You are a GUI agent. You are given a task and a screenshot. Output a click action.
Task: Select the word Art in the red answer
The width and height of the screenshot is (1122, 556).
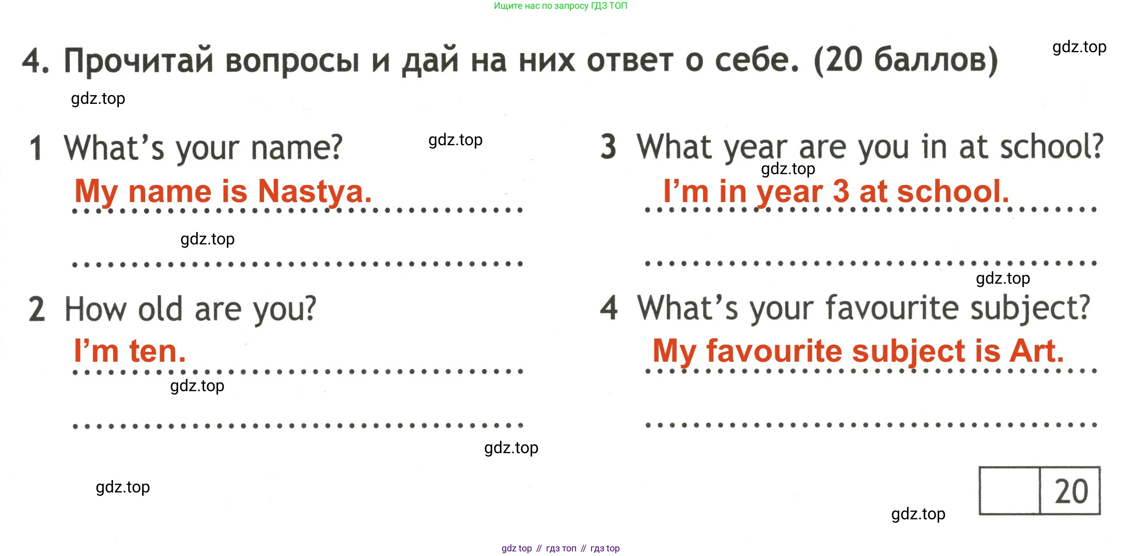[1037, 351]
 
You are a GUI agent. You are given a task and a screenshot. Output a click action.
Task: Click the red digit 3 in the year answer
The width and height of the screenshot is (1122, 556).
[841, 191]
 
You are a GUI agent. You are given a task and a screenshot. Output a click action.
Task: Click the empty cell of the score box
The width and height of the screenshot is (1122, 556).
[1009, 490]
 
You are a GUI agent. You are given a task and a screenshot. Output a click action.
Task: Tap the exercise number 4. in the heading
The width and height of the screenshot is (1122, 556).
[36, 60]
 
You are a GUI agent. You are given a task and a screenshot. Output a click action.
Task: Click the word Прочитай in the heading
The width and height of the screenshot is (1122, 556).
[138, 60]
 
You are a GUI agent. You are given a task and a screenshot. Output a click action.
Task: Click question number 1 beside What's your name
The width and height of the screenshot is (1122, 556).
[36, 148]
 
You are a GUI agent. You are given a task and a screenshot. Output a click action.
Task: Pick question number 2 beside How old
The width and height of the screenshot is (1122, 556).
[37, 309]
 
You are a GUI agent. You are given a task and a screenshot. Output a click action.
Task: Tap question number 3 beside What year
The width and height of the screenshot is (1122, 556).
[609, 146]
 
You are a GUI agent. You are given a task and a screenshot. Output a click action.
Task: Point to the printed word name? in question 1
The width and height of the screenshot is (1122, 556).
[297, 148]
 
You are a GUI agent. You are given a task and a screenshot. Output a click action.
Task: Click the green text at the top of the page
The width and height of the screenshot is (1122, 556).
[560, 6]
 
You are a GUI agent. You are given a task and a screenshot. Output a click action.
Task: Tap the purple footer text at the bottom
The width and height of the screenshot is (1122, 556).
[560, 548]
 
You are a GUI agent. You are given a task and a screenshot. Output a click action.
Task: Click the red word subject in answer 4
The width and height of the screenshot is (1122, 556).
[908, 351]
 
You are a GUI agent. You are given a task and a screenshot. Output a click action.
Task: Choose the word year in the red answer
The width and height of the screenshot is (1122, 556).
[789, 192]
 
